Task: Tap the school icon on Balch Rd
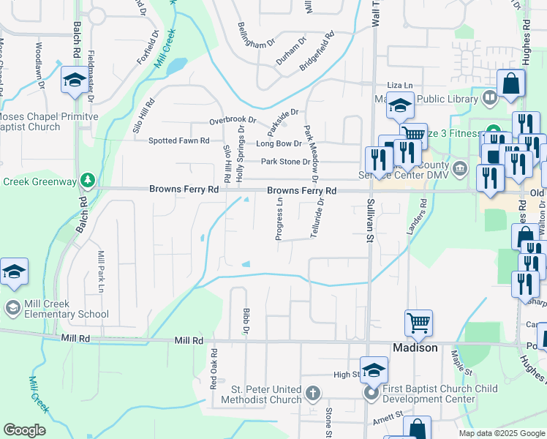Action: tap(74, 82)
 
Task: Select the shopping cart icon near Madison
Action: tap(418, 323)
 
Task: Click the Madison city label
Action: tap(415, 348)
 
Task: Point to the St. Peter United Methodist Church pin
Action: tap(312, 394)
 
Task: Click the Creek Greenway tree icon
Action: tap(88, 179)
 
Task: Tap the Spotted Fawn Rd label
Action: tap(178, 140)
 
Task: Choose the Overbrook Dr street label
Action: tap(233, 119)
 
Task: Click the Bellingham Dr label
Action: tap(255, 34)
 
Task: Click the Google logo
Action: tap(24, 430)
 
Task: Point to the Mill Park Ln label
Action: tap(102, 271)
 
